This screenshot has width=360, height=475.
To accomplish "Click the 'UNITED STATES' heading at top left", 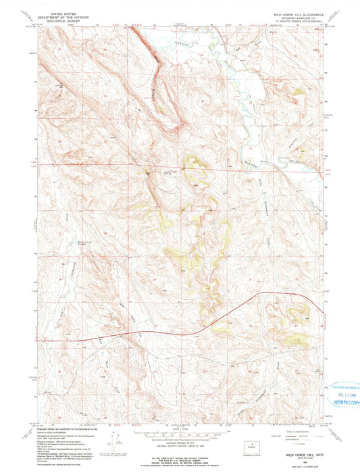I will [x=59, y=12].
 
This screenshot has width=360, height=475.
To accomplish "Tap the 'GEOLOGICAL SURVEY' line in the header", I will [x=59, y=20].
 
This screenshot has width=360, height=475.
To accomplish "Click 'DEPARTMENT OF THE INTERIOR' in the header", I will [x=59, y=16].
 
